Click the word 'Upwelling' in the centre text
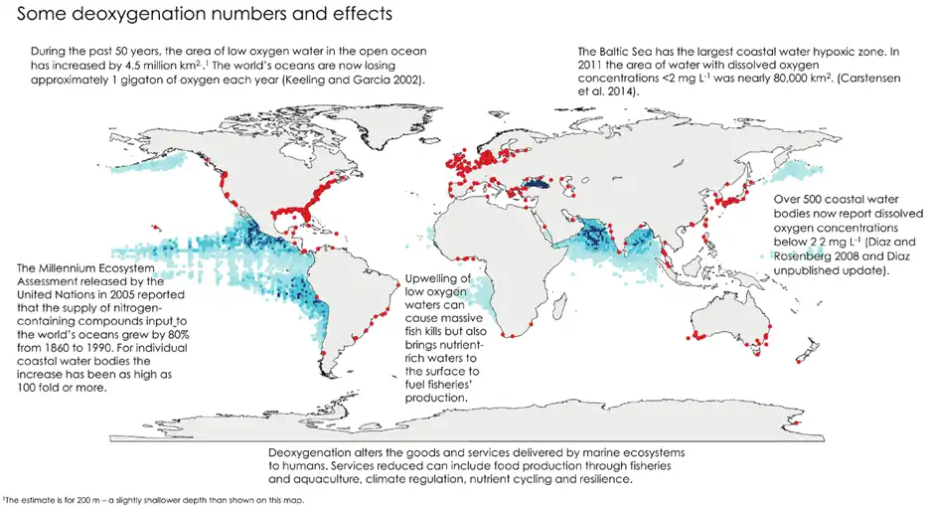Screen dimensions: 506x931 pyautogui.click(x=430, y=280)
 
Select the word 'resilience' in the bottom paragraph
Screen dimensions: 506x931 pyautogui.click(x=599, y=480)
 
